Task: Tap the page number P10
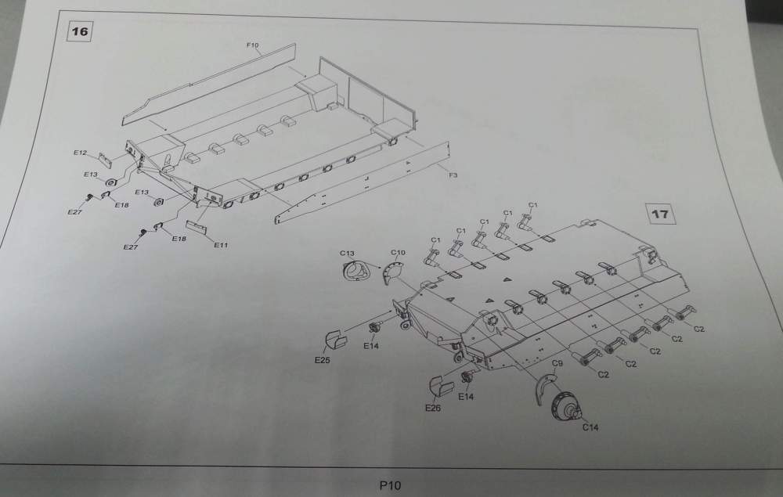pos(389,485)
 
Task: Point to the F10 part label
pos(252,46)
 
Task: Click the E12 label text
pos(81,153)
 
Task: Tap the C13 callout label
pos(348,253)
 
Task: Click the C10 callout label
pos(398,253)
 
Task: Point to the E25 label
pos(322,360)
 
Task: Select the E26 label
pos(433,408)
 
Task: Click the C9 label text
pos(557,364)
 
